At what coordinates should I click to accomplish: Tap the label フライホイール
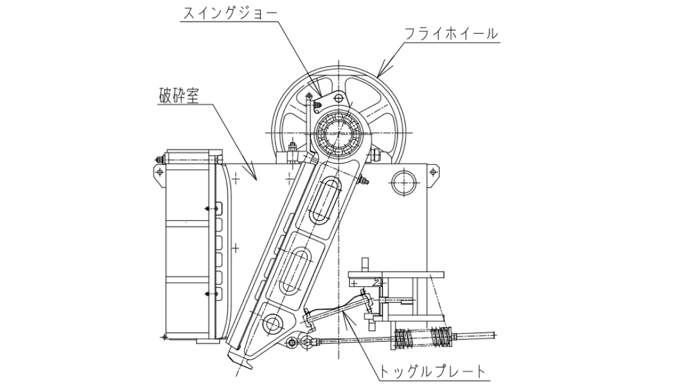451,34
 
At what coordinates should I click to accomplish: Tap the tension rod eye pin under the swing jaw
293,343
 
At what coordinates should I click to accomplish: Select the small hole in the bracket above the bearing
340,97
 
